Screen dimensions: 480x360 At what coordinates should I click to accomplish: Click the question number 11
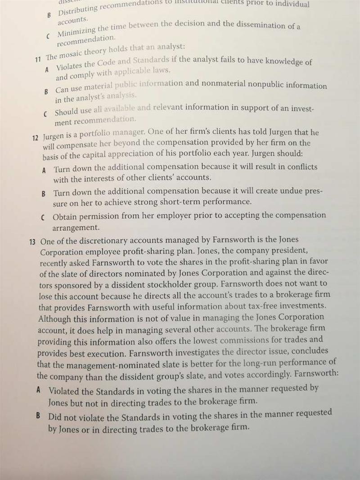38,58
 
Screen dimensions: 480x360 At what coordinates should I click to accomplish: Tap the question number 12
35,137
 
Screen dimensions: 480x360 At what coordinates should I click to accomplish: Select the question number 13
32,242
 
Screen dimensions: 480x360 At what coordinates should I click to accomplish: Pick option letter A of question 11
47,70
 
